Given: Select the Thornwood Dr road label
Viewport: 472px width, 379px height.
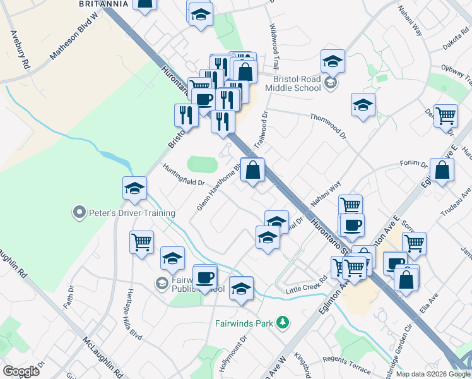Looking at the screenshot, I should pos(328,125).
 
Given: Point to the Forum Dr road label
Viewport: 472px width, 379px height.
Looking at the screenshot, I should pos(414,164).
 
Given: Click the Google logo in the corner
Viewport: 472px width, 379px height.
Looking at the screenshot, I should pos(21,371).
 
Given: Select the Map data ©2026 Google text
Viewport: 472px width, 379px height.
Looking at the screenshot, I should pos(433,374).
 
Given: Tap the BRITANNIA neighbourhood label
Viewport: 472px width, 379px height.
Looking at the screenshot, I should pos(104,4).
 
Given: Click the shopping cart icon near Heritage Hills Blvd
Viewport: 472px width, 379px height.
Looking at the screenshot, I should pos(142,242).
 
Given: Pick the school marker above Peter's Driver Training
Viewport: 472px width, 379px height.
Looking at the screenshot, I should pos(134,188).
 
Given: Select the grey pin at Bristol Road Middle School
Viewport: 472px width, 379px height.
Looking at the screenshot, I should pos(329,83).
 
